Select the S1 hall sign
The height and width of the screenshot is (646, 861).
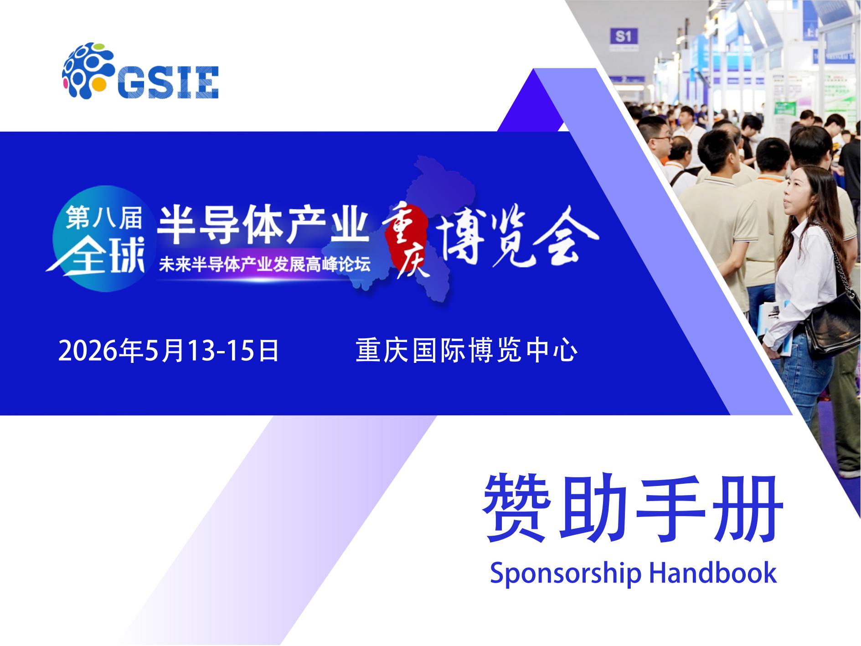click(x=623, y=36)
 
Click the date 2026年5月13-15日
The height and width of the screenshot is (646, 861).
click(x=169, y=351)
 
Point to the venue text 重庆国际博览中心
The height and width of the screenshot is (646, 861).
click(x=467, y=351)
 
